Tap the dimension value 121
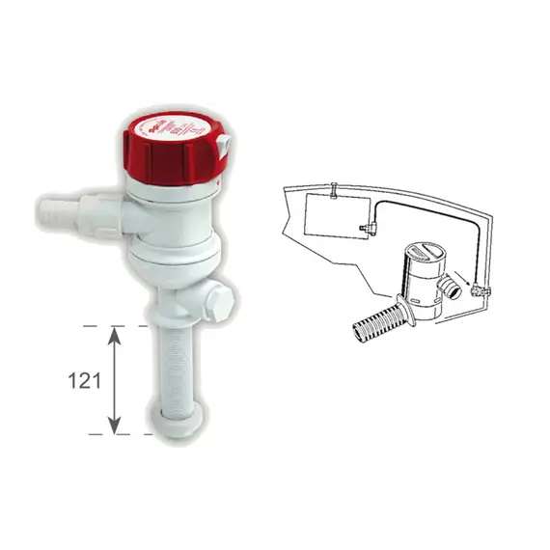tap(85, 380)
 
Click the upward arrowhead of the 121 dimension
tap(115, 333)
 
